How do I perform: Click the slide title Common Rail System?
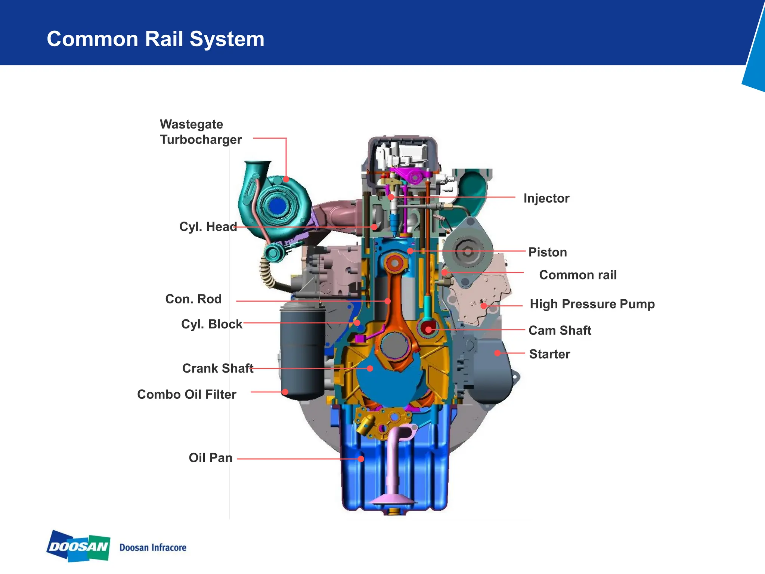click(x=155, y=39)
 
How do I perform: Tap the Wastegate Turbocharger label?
click(x=201, y=132)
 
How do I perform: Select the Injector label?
click(x=546, y=198)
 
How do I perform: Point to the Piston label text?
click(x=548, y=252)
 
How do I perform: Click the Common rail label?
click(x=578, y=275)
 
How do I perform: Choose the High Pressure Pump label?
click(x=592, y=304)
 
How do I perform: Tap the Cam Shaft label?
click(x=560, y=330)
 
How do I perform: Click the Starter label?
click(x=549, y=354)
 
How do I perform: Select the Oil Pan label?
click(x=210, y=458)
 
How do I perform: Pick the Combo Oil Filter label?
click(x=186, y=394)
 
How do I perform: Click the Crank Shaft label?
click(x=218, y=368)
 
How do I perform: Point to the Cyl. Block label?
click(x=211, y=324)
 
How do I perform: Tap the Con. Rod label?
click(x=193, y=299)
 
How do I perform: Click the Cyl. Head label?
click(x=208, y=226)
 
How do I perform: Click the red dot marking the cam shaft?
click(x=429, y=330)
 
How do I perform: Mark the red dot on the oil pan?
click(x=361, y=459)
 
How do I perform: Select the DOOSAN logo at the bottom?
click(x=78, y=546)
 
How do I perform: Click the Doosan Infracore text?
click(x=153, y=547)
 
